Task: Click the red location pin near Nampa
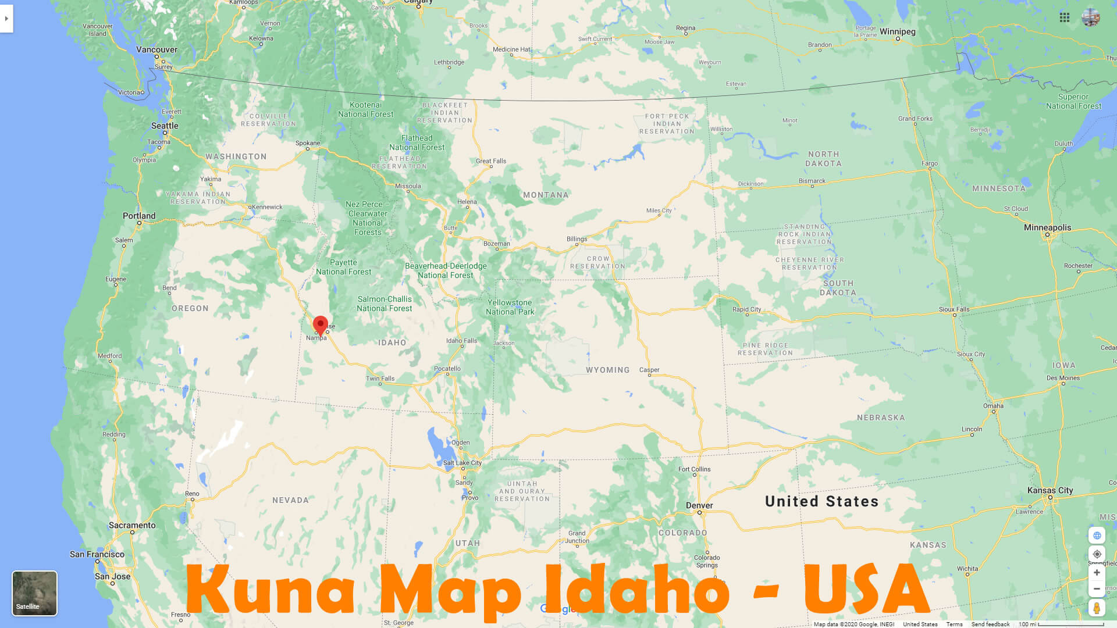point(320,324)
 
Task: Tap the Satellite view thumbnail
point(35,593)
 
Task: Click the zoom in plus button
point(1097,573)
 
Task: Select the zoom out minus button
point(1097,589)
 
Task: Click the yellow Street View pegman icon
point(1097,608)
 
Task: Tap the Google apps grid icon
point(1065,17)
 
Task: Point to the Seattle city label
point(165,126)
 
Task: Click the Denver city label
point(699,505)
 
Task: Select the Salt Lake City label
point(463,463)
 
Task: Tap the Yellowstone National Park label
point(510,307)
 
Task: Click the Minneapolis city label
point(1047,227)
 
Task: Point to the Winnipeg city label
point(897,31)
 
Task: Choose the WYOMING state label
point(607,370)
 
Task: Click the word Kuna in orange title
point(271,590)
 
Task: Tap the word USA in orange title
point(867,590)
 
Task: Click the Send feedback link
point(990,624)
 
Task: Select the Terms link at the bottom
point(954,624)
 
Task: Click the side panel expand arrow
point(6,19)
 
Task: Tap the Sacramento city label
point(132,525)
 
